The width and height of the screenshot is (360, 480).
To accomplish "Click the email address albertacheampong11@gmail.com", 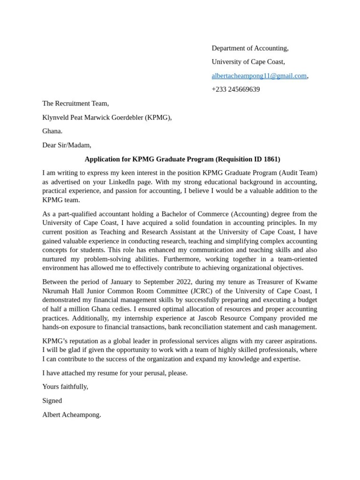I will point(259,75).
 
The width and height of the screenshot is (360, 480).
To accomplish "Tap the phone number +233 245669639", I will point(235,90).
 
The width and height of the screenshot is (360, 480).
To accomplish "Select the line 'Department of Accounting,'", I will point(250,48).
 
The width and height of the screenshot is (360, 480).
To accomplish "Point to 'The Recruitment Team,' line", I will point(75,103).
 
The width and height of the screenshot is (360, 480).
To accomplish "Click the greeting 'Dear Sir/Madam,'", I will point(67,145).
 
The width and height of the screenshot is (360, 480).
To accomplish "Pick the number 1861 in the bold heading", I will point(270,159).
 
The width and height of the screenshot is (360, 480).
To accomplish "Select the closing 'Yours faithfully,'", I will point(65,387).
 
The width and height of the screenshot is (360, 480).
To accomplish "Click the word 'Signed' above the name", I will point(52,401).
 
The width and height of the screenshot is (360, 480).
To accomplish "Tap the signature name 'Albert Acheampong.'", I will point(72,415).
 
